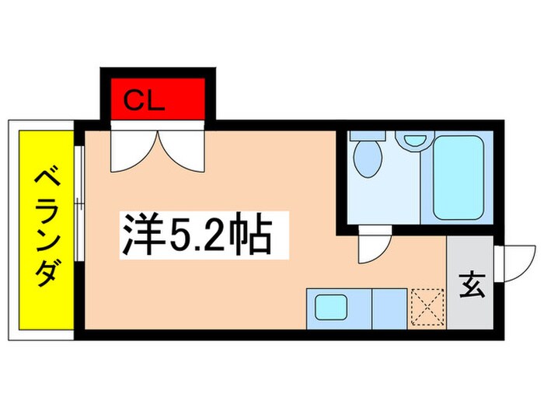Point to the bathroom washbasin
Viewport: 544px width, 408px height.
click(x=413, y=141)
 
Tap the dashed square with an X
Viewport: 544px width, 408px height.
click(x=426, y=308)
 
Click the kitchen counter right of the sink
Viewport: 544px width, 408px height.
click(x=389, y=308)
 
